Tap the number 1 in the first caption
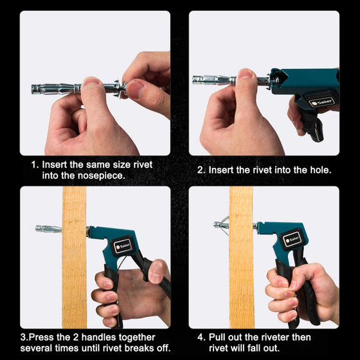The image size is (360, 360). (33, 165)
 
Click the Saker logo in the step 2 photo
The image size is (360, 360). (321, 102)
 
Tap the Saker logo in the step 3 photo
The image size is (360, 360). (123, 246)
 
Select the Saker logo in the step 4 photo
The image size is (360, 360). (292, 240)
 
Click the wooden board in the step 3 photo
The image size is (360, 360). (74, 257)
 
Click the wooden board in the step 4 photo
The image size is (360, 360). (242, 257)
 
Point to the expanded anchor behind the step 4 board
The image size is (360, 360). (222, 225)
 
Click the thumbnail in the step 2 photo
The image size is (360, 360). (245, 74)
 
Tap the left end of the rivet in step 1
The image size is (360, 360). (32, 89)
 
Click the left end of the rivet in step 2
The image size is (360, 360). (194, 80)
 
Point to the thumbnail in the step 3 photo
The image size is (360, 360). (156, 273)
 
